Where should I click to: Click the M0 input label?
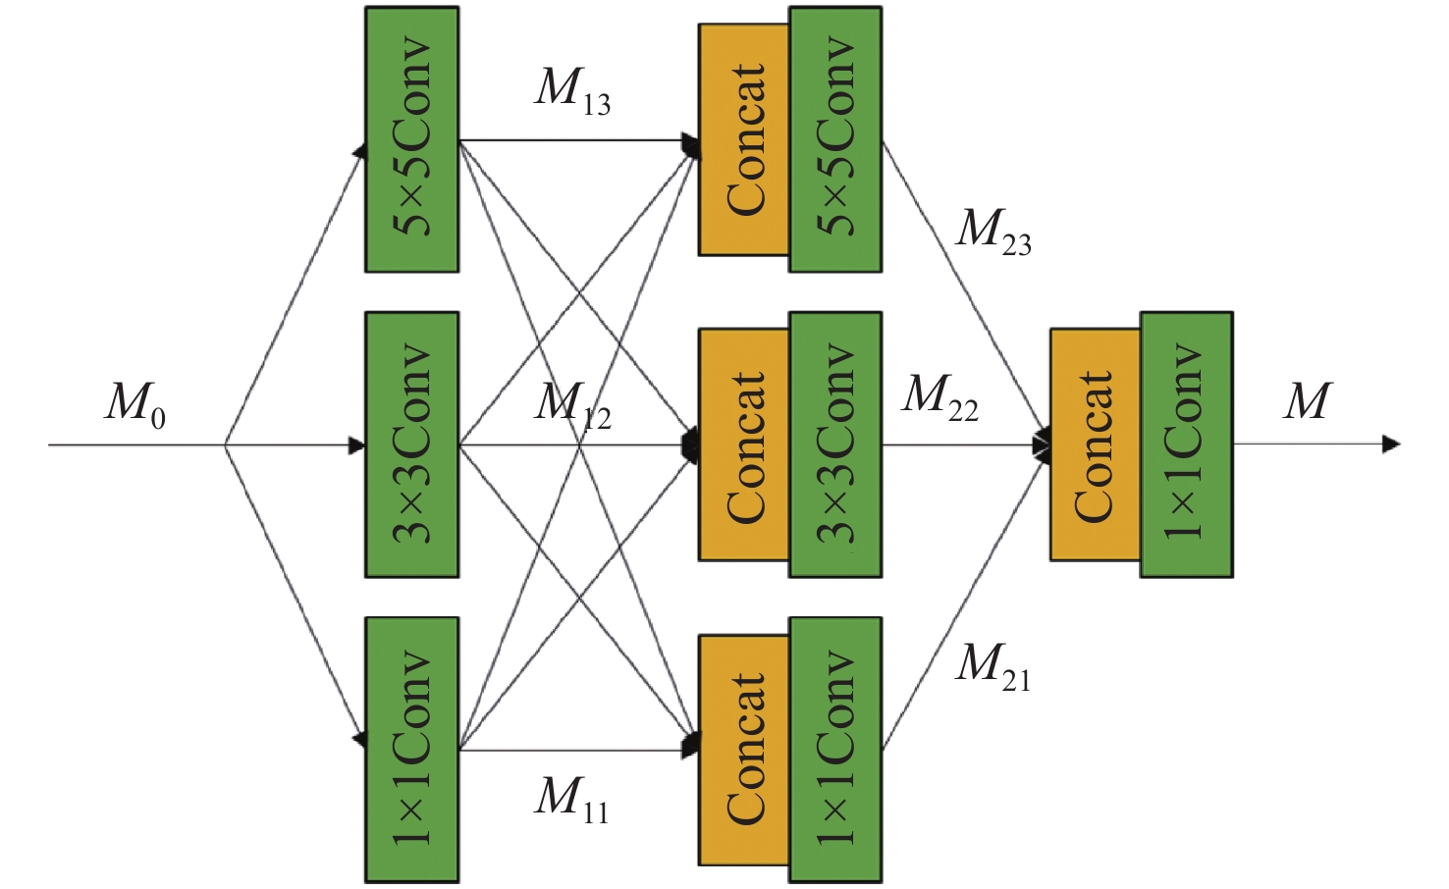click(x=135, y=404)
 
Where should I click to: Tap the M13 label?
click(x=572, y=91)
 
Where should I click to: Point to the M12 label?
click(x=572, y=404)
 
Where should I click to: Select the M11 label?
click(x=571, y=798)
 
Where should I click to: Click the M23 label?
click(x=993, y=232)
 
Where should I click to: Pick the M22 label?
click(x=939, y=397)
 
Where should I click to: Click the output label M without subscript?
click(x=1307, y=401)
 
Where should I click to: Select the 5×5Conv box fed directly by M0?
click(x=411, y=139)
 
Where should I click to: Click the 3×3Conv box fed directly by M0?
click(x=411, y=444)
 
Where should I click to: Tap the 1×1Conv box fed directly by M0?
click(x=411, y=750)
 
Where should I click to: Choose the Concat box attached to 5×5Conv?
click(x=744, y=139)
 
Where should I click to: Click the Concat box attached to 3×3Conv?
click(x=744, y=444)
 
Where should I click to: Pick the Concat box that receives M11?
click(x=744, y=750)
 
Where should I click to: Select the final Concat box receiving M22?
click(x=1095, y=444)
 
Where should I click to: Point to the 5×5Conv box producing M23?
click(x=835, y=139)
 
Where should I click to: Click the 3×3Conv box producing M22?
click(x=835, y=444)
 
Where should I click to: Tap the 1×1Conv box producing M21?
click(x=835, y=750)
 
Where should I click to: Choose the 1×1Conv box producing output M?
click(x=1186, y=444)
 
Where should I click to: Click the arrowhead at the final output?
click(x=1391, y=444)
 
